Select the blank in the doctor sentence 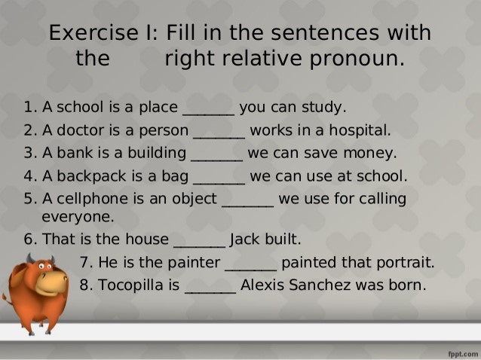tap(219, 131)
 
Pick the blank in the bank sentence tap(216, 154)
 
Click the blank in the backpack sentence tap(219, 178)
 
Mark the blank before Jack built tap(200, 241)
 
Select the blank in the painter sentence tap(251, 264)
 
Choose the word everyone tap(78, 218)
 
